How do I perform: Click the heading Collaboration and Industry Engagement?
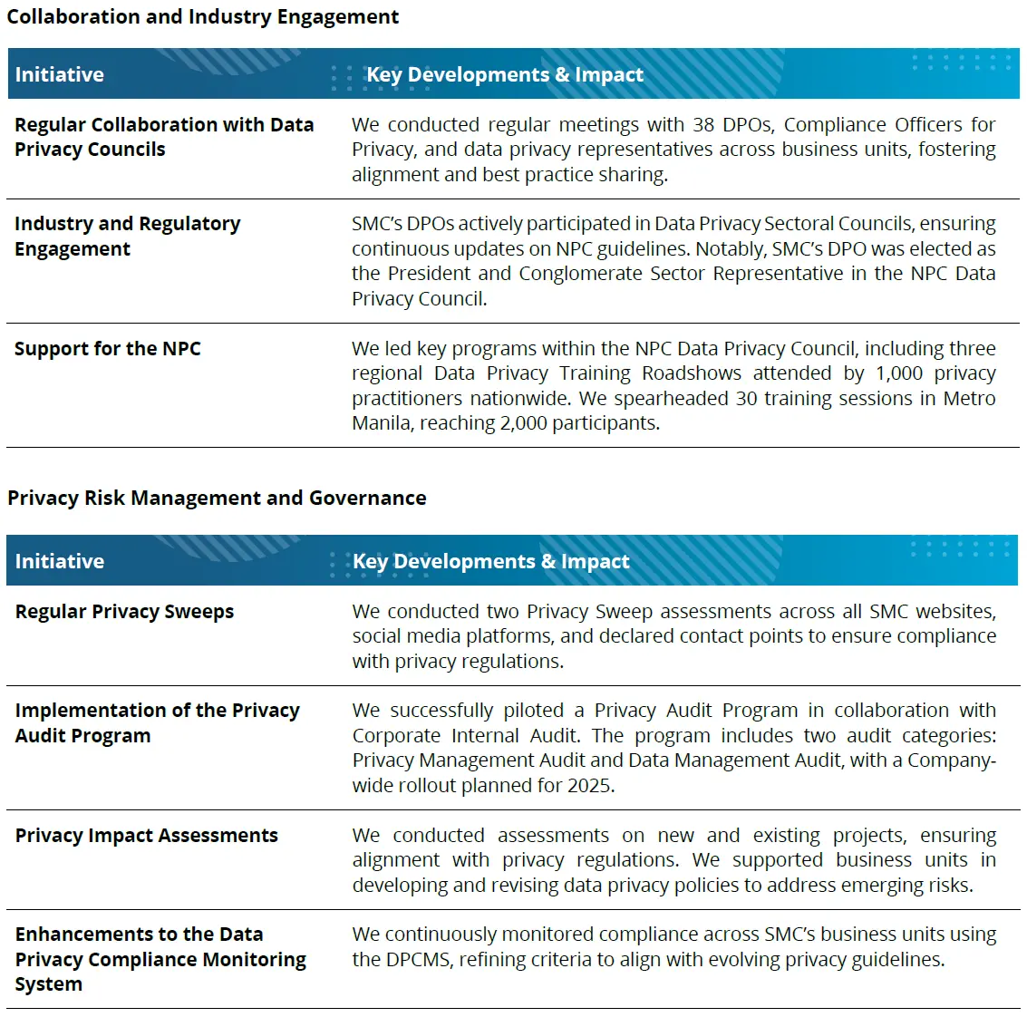[x=202, y=17]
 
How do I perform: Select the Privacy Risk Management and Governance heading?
[x=217, y=498]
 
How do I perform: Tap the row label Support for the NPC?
[x=107, y=349]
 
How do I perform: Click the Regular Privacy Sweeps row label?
[x=124, y=612]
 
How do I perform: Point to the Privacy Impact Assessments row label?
[x=146, y=836]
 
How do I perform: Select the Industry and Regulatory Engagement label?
[x=127, y=236]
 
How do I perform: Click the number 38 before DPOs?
[x=703, y=125]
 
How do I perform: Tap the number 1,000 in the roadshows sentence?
[x=898, y=373]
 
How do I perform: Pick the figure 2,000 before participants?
[x=523, y=423]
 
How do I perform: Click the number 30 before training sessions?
[x=746, y=399]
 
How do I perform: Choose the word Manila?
[x=381, y=423]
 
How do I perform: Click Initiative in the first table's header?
[x=59, y=74]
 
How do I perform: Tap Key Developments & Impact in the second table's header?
[x=490, y=561]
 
